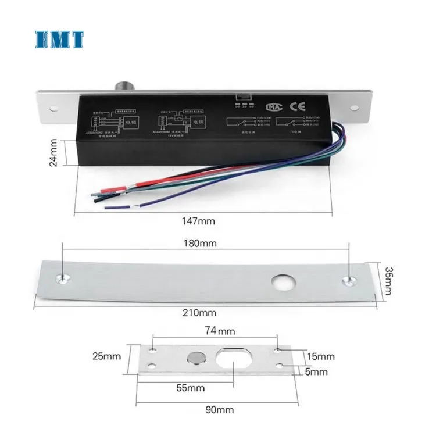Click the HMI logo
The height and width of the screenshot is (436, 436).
59,39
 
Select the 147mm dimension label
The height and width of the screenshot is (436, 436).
198,221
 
